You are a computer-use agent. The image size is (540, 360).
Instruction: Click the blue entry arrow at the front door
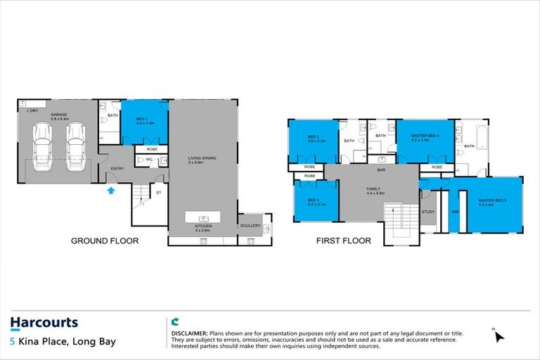pos(110,188)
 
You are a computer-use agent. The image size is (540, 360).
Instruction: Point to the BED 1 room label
pos(141,120)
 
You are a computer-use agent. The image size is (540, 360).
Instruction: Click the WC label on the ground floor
pos(148,160)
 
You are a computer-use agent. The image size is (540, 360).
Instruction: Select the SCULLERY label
pos(250,225)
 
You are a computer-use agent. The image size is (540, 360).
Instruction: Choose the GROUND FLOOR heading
pos(105,240)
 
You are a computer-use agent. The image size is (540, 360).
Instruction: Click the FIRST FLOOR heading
pos(343,240)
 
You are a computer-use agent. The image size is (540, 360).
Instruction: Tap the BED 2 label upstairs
pos(314,137)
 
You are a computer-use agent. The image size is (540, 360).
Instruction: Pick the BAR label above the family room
pos(381,170)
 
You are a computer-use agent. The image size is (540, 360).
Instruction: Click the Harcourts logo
pos(44,323)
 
